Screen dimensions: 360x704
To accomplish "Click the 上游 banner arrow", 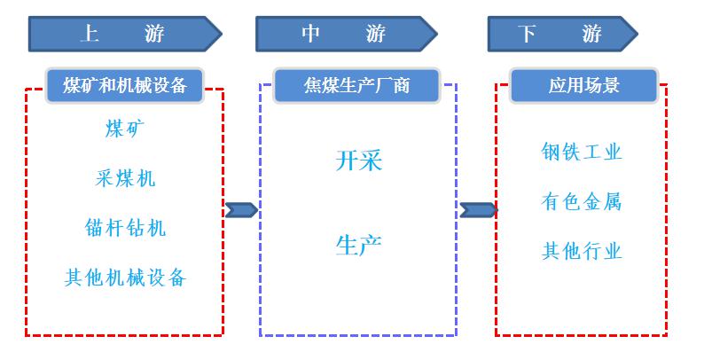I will [124, 35].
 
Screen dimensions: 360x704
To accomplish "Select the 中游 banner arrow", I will [346, 35].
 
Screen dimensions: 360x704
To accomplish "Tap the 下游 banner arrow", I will [562, 35].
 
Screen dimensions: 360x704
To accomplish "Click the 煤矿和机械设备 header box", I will [125, 85].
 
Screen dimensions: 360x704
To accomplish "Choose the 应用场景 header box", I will [583, 86].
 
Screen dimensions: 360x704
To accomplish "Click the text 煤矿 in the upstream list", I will [125, 129].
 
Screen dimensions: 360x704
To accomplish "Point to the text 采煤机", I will [125, 178].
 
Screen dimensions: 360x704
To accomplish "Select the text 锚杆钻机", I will [125, 228].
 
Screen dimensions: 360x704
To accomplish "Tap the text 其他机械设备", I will [125, 278].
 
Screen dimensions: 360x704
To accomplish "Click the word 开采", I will [359, 160].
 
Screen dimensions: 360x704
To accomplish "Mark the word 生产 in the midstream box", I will [359, 244].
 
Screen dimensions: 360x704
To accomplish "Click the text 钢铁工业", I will [582, 152].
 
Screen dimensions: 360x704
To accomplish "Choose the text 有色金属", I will [582, 201].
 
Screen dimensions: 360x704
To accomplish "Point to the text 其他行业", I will [582, 251].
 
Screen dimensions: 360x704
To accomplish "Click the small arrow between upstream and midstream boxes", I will [241, 210].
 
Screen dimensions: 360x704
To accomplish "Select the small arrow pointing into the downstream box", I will [478, 210].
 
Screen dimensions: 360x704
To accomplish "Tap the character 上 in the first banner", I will [89, 35].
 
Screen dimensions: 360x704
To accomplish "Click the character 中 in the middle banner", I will [310, 35].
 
